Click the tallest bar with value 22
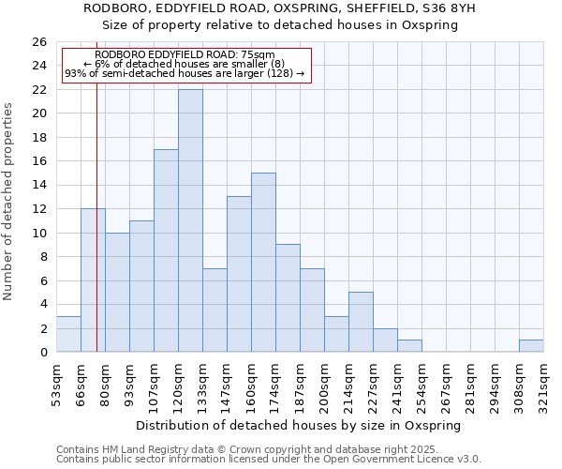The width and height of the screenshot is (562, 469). [190, 220]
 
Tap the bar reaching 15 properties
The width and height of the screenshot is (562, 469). [263, 263]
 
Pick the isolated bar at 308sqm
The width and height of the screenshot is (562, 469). [531, 346]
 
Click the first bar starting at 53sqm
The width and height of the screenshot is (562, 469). [68, 334]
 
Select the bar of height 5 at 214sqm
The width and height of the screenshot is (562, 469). [361, 322]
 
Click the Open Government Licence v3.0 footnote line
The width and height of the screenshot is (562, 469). [269, 460]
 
